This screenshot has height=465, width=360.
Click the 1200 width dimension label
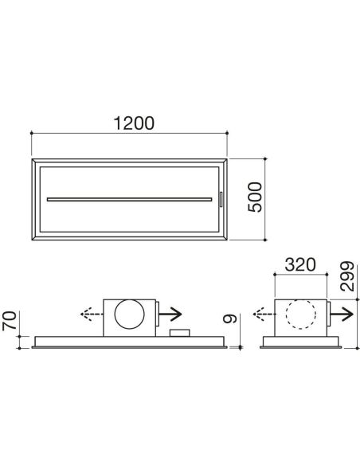[134, 123]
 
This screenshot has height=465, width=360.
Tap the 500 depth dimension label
[256, 197]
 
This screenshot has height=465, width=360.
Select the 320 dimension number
[300, 265]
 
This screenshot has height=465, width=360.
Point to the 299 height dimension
[347, 276]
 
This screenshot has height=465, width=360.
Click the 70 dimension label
[9, 321]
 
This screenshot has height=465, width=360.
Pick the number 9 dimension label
[230, 318]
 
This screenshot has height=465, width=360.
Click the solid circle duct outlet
[130, 315]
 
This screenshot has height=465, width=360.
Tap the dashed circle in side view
[300, 314]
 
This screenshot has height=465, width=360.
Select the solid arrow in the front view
[170, 314]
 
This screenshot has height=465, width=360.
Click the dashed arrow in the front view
[92, 314]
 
